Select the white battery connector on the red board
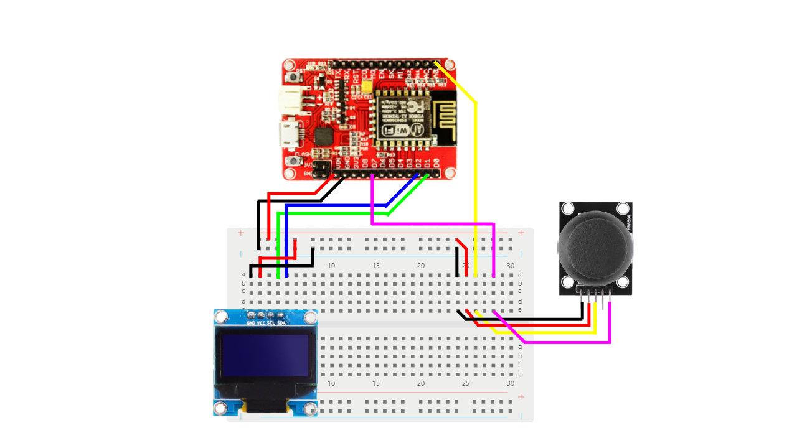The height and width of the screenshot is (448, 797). coord(291,98)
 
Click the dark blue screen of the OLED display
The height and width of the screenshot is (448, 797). coord(265,355)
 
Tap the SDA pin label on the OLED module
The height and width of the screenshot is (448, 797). coord(281,324)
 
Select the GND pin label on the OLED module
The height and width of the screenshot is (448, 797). coord(250,324)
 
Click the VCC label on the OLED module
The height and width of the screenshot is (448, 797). coord(261,324)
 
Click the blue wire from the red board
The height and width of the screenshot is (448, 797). coord(336,205)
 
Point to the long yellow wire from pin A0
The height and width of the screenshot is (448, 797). coord(476,187)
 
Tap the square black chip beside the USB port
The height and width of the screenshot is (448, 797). coord(324,136)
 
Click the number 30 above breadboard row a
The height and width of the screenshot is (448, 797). coord(511,266)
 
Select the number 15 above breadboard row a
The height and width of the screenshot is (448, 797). coord(376,266)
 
